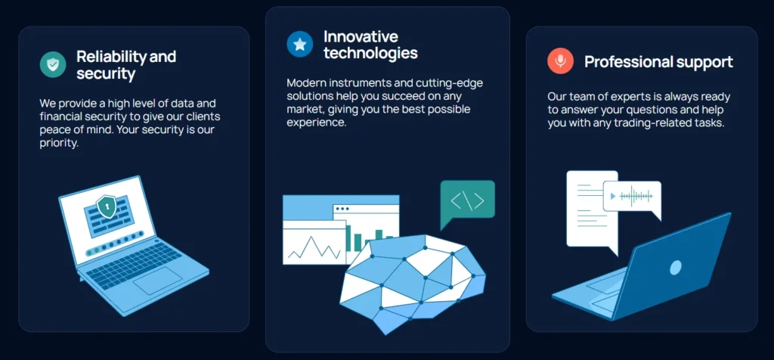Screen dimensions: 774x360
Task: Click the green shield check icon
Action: tap(53, 65)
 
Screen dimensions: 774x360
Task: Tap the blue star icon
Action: tap(299, 44)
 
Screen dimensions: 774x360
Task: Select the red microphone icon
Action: tap(560, 61)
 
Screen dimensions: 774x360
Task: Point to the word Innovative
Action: tap(361, 36)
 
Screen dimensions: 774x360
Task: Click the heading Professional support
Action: tap(658, 62)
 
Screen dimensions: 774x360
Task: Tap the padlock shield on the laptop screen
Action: tap(106, 206)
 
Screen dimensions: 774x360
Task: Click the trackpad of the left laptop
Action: tap(157, 281)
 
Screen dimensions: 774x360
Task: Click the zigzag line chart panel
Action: tap(314, 243)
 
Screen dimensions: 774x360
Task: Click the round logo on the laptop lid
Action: tap(675, 268)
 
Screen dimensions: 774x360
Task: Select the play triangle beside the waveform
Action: tap(613, 196)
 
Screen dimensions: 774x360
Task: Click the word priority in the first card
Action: tap(59, 144)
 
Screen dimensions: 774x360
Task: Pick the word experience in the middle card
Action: tap(317, 123)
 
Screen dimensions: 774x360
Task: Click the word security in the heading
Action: tap(106, 74)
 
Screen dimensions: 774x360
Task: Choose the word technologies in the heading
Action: tap(370, 52)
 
